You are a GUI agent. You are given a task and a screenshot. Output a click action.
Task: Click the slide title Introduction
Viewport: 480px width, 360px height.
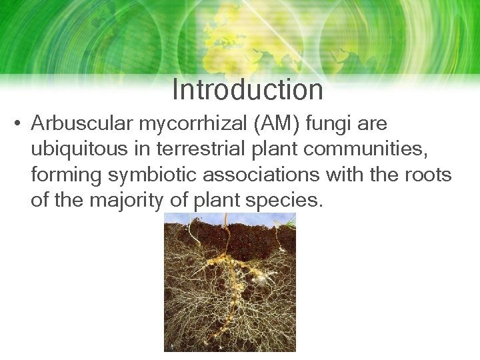point(247,90)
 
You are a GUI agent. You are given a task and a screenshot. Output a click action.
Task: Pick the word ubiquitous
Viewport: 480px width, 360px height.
point(77,150)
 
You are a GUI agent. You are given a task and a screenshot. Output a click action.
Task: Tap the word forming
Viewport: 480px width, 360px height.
point(59,175)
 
